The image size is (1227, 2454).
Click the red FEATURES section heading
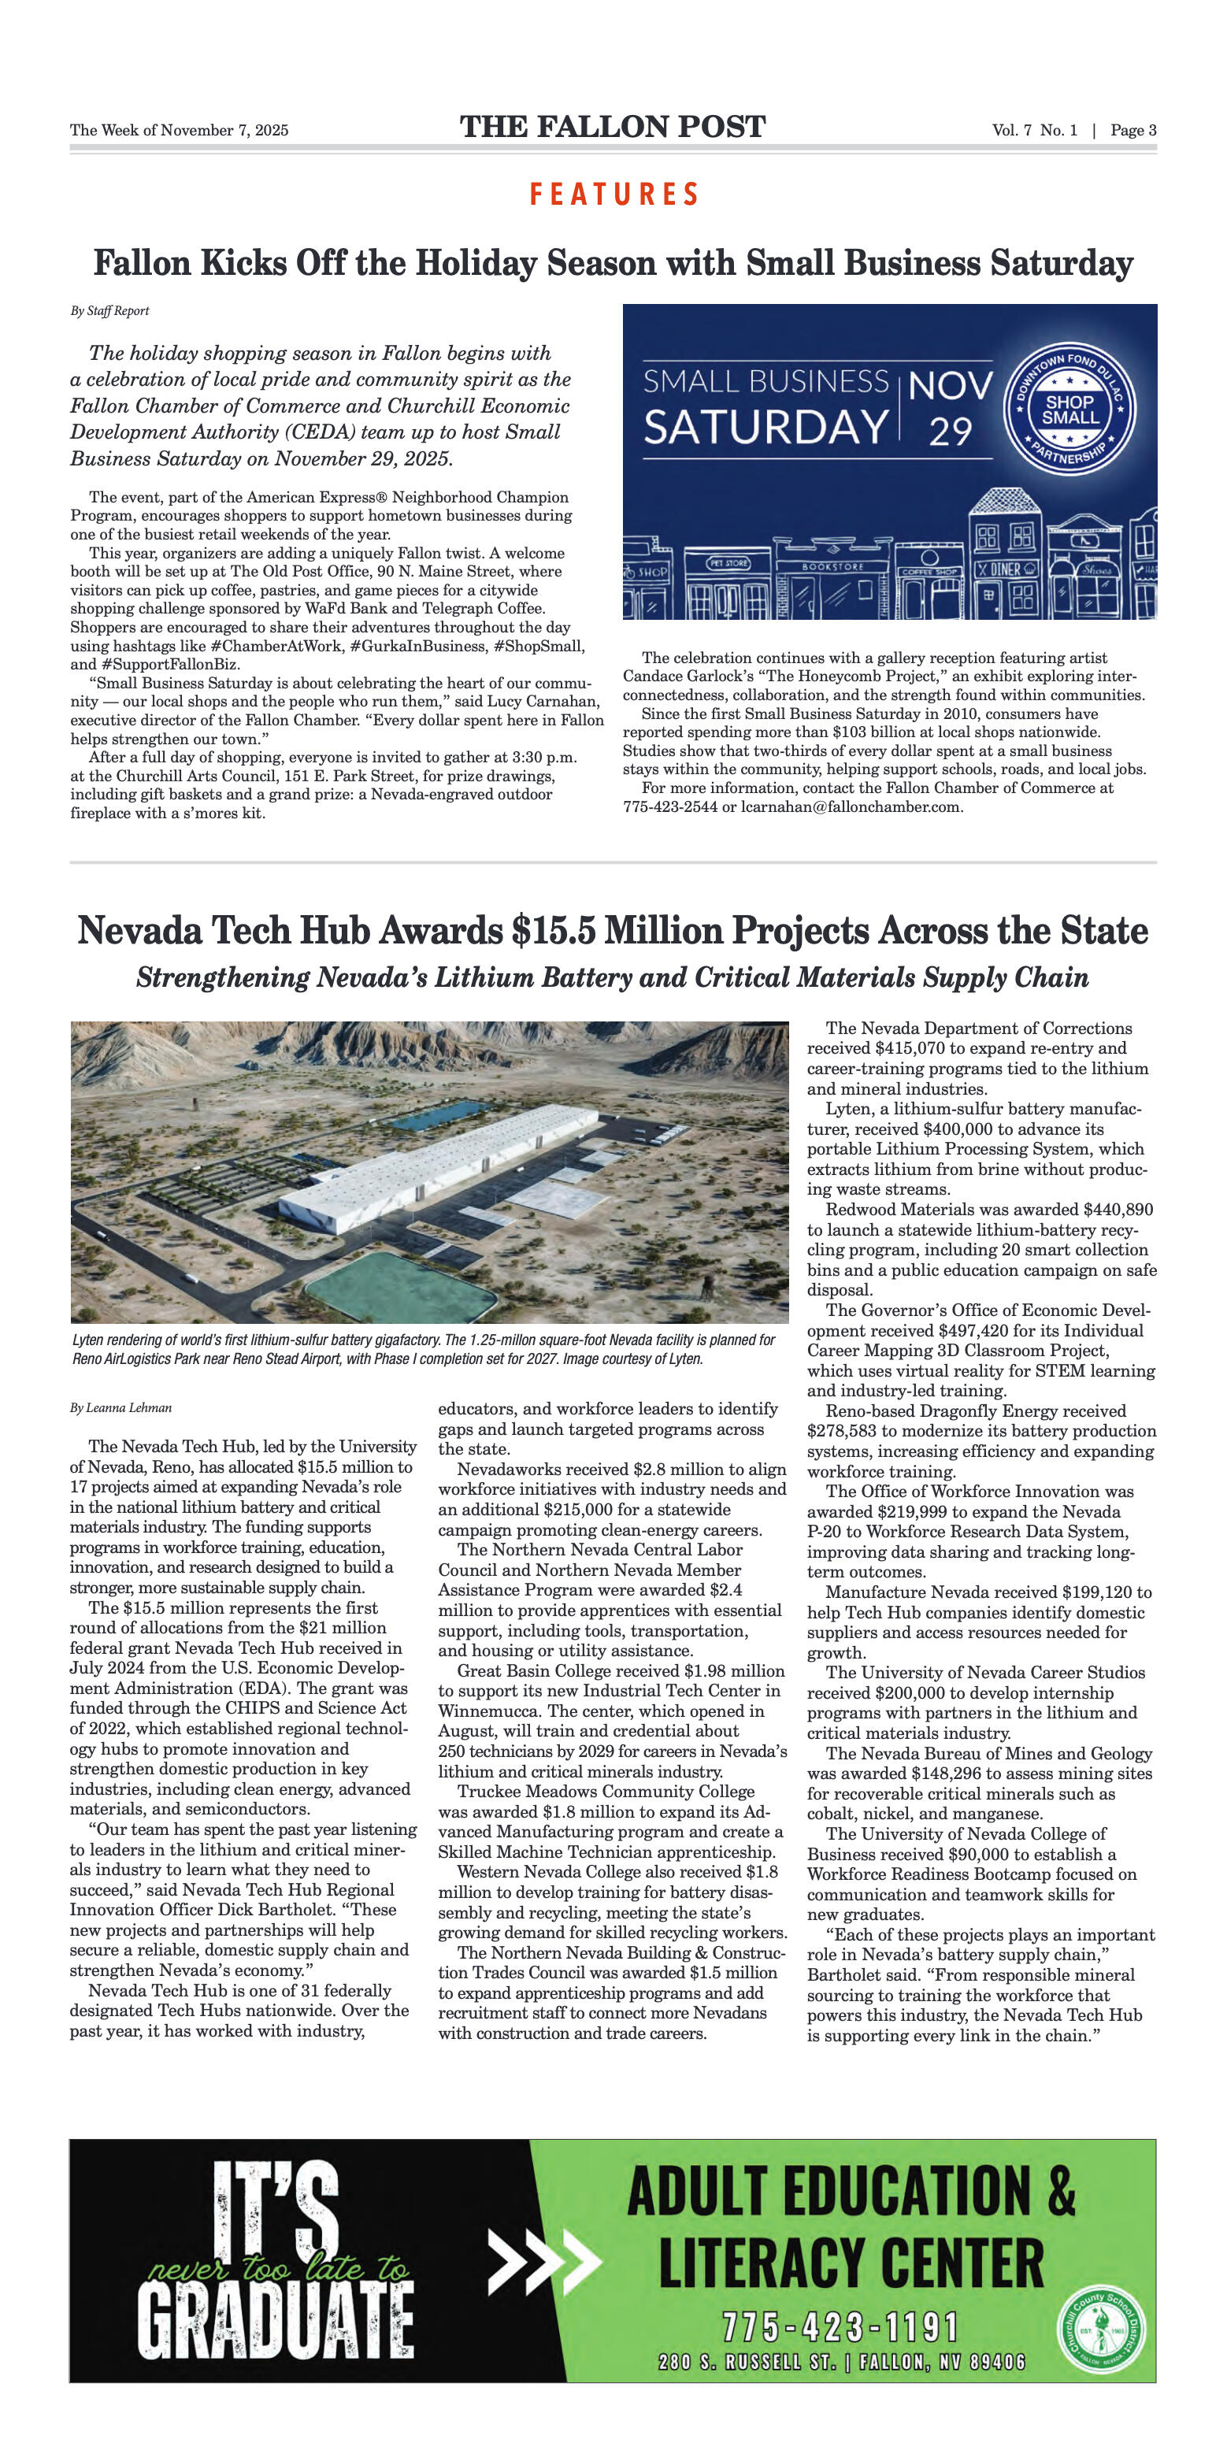coord(614,195)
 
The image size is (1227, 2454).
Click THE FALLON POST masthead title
coord(613,128)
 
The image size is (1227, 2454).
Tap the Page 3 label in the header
coord(1132,131)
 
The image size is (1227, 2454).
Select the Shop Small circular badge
coord(1071,410)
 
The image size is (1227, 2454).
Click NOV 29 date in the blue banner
coord(950,408)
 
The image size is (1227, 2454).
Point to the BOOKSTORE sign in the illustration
coord(832,567)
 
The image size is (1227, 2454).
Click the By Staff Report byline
coord(109,310)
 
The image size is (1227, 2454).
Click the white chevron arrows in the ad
coord(543,2259)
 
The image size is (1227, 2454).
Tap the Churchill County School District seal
coord(1103,2331)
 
